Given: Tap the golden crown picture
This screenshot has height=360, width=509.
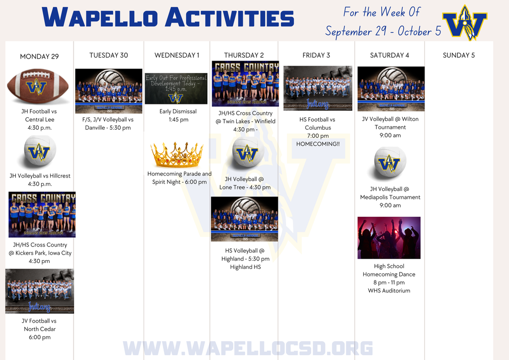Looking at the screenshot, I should (177, 155).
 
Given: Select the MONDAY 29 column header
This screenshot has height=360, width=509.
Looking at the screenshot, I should (39, 56).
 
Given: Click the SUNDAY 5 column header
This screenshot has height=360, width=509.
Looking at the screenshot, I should (458, 55).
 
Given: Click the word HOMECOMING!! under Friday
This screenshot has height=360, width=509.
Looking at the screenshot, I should (318, 144).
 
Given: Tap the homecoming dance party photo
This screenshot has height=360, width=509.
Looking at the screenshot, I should (389, 238).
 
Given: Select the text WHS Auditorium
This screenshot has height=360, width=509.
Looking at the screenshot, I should (389, 290).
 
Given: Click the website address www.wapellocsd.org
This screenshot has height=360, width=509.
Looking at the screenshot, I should (248, 348).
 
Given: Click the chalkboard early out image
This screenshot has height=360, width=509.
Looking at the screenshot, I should (176, 89).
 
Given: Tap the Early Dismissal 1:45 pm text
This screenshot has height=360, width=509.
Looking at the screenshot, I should (177, 115).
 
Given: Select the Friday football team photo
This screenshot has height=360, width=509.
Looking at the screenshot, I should (318, 88).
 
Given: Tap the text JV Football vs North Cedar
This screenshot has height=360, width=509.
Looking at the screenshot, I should (40, 325).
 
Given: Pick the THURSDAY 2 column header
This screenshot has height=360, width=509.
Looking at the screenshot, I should (244, 55).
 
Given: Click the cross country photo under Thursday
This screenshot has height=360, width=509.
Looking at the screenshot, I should (245, 83).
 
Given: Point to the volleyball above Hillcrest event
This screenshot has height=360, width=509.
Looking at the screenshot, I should (40, 152).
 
